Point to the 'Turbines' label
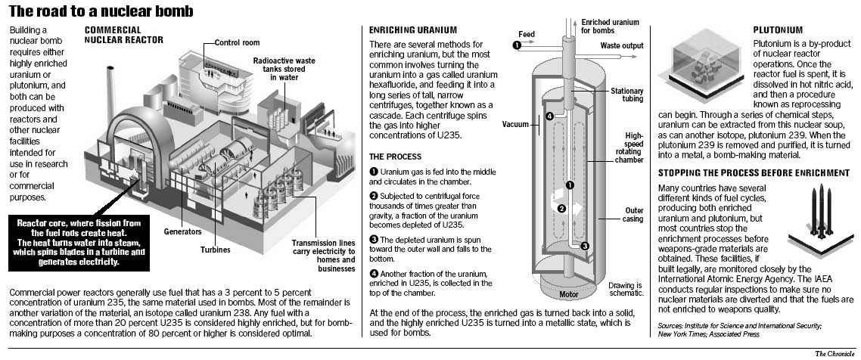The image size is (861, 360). coord(216,249)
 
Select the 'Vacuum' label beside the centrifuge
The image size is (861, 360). coord(515,124)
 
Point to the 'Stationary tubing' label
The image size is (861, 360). coord(627,96)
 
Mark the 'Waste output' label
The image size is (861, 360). coord(622,45)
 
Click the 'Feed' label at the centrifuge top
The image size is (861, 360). coord(527,34)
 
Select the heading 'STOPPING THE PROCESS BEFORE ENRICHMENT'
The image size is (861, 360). coord(754,173)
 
